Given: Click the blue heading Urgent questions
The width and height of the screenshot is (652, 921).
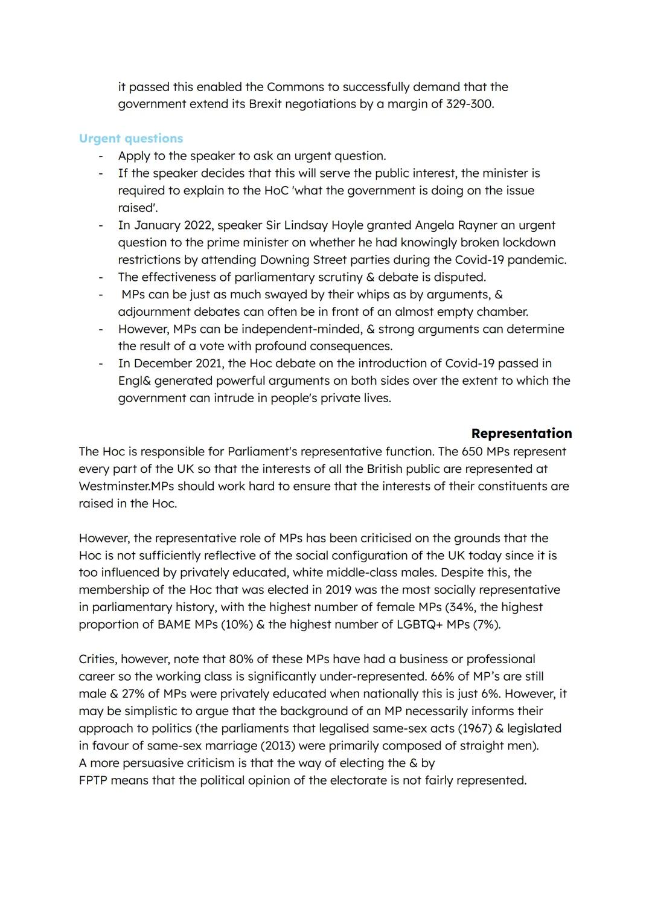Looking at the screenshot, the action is click(x=130, y=138).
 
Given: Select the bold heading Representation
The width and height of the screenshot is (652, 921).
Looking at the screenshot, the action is click(x=521, y=433).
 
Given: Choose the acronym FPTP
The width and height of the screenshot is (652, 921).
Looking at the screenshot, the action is click(x=93, y=780).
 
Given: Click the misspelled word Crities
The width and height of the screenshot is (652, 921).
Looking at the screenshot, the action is click(x=97, y=659).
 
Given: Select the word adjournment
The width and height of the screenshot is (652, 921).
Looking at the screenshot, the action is click(x=154, y=312).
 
